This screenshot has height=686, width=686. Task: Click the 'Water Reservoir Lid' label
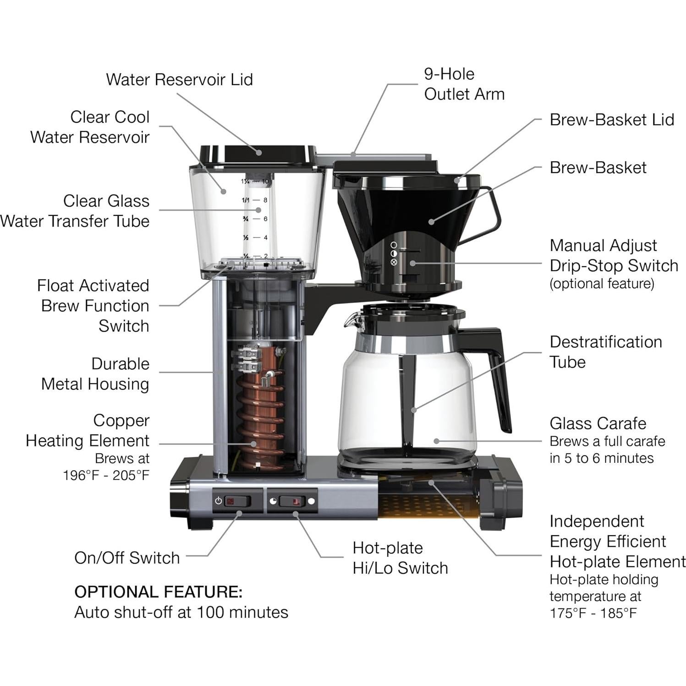click(x=179, y=79)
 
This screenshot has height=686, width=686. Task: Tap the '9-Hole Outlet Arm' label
click(x=464, y=84)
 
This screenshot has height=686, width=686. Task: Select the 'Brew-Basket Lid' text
click(x=611, y=120)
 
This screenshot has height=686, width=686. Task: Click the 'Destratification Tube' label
click(x=605, y=351)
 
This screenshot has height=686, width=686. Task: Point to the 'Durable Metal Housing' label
click(x=95, y=373)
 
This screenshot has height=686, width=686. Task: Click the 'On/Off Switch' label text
click(x=127, y=558)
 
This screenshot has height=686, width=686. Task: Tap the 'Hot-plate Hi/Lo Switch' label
click(x=400, y=558)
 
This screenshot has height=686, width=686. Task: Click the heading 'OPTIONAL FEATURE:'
click(x=158, y=592)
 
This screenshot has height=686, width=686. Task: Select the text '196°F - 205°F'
click(x=106, y=475)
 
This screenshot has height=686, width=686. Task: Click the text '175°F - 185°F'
click(x=593, y=613)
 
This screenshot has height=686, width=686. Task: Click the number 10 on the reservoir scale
click(x=265, y=181)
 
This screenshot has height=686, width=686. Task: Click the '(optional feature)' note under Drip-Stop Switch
click(x=602, y=284)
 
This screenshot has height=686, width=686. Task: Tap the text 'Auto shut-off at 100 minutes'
click(x=181, y=612)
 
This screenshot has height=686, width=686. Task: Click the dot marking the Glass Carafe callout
click(x=436, y=441)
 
